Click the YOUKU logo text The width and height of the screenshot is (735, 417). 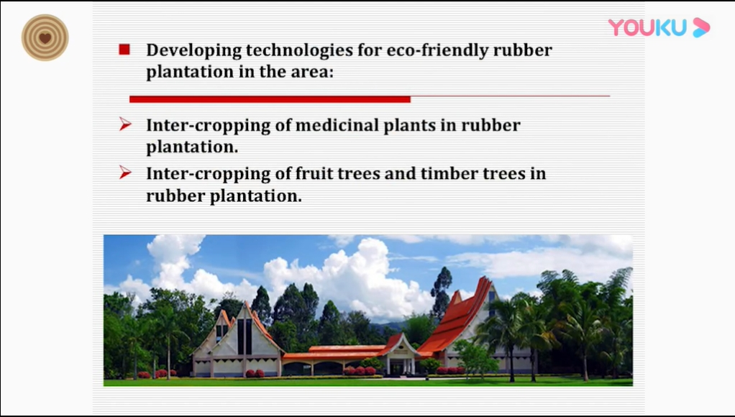(647, 27)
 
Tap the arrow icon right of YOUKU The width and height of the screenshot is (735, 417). (701, 27)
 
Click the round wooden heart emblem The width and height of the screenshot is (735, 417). (45, 37)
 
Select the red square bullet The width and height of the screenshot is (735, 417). (124, 50)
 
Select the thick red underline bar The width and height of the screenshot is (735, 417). (270, 99)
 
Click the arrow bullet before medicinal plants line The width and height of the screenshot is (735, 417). (125, 124)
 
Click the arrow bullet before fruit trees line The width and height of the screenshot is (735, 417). (125, 173)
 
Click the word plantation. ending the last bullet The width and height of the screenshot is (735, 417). (255, 196)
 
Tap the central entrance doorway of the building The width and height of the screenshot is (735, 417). (398, 366)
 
